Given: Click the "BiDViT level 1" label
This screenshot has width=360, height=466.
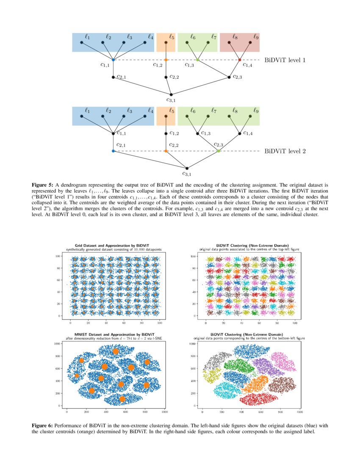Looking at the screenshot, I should [285, 60].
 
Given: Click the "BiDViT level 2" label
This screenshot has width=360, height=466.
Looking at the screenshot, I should [285, 151].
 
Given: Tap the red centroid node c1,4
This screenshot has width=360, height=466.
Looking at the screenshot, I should [240, 60].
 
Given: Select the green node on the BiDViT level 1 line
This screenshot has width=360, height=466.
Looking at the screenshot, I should [198, 60].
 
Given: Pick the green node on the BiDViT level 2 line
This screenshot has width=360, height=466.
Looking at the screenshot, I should [219, 151].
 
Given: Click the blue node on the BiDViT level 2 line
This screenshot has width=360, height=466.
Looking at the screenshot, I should [113, 151].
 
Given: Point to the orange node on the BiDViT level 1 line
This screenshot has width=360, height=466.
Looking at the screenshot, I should [166, 60].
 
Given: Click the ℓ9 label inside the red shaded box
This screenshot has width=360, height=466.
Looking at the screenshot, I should [256, 37].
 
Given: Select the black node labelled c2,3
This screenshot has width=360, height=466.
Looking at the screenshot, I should [229, 77].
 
